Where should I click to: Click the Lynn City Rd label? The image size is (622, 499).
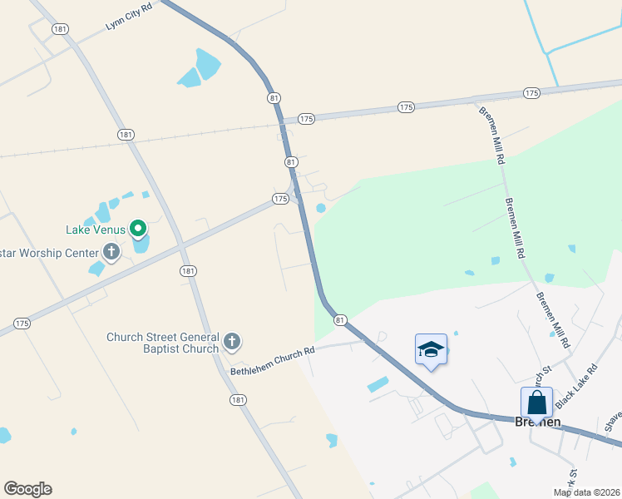tap(130, 17)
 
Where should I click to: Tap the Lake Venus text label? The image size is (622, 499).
tap(96, 230)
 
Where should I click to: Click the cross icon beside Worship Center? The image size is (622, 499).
tap(111, 251)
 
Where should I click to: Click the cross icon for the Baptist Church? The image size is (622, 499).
tap(232, 340)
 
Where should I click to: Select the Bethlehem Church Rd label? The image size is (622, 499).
tap(273, 358)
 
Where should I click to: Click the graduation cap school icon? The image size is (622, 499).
tap(431, 348)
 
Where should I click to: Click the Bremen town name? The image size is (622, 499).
tap(537, 422)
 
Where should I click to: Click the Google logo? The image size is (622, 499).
tap(27, 489)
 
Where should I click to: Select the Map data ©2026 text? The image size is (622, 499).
tap(587, 492)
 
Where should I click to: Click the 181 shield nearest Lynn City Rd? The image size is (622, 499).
tap(59, 29)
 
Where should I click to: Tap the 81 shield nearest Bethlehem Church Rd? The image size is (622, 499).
tap(340, 319)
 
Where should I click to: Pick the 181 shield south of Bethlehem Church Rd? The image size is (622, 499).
tap(239, 400)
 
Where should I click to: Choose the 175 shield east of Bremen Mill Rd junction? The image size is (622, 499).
tap(531, 93)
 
